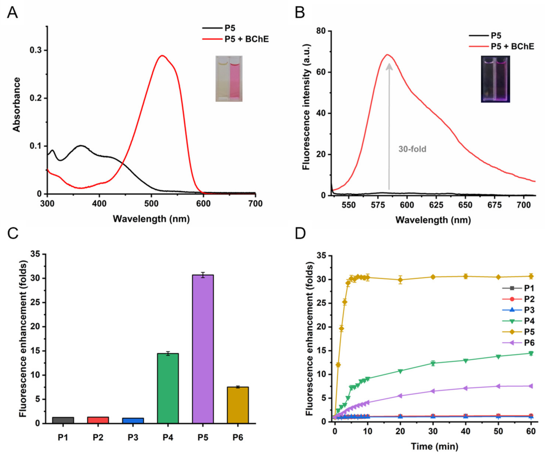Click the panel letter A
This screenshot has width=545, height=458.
click(12, 12)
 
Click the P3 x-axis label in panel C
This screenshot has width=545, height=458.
click(133, 438)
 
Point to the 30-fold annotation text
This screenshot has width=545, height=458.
click(412, 149)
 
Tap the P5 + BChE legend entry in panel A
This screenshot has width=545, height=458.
click(246, 39)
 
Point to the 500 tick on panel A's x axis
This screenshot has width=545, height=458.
click(151, 204)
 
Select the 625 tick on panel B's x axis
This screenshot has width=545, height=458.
click(436, 205)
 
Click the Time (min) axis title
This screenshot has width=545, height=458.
click(435, 446)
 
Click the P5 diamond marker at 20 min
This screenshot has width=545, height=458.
click(400, 280)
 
